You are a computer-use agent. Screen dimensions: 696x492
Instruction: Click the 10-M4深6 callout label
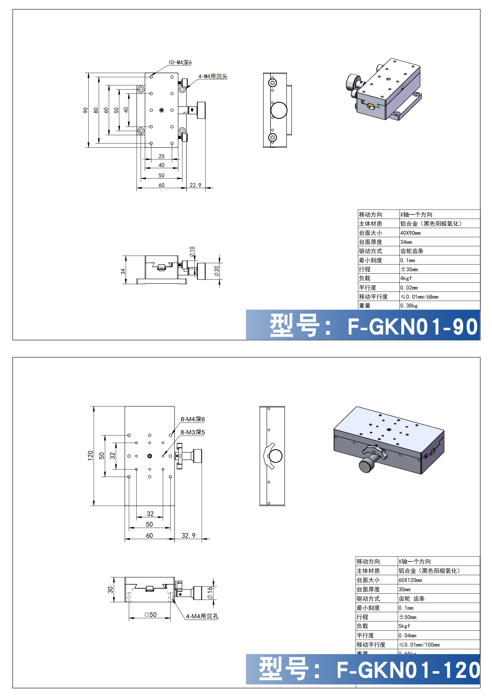pos(180,63)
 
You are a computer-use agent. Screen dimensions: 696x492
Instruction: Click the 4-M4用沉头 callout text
pos(213,76)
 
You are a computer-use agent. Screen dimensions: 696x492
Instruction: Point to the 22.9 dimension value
pos(195,185)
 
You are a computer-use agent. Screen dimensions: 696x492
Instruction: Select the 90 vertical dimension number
pos(85,110)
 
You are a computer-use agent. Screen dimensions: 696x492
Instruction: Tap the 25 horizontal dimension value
pos(161,156)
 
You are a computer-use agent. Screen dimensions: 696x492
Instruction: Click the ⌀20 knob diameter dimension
pos(216,271)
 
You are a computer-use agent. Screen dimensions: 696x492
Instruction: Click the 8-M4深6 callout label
pos(193,419)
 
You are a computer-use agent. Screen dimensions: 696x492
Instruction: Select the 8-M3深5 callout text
pos(193,432)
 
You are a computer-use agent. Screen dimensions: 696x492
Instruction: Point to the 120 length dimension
pos(90,456)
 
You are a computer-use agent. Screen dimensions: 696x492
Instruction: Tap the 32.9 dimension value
pos(188,535)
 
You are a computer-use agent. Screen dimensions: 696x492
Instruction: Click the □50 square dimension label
pos(151,615)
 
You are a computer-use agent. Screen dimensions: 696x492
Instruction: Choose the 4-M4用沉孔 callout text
pos(202,616)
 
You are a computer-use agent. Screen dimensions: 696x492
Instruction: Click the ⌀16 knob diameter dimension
pos(210,593)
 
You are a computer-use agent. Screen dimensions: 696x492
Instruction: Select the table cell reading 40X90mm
pos(411,233)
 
